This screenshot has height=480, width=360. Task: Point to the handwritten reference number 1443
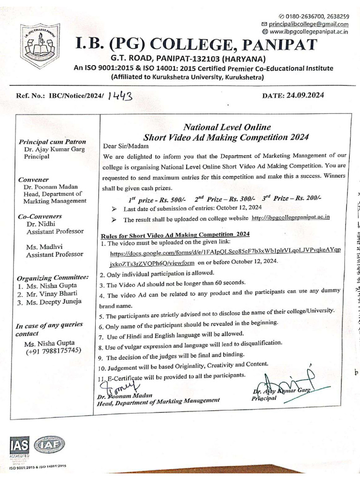(x=120, y=96)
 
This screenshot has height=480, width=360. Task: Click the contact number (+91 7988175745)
(x=54, y=351)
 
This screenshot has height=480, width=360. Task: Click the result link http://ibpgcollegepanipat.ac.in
(x=291, y=217)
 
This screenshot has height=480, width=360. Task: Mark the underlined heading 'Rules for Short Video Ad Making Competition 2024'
(x=175, y=233)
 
